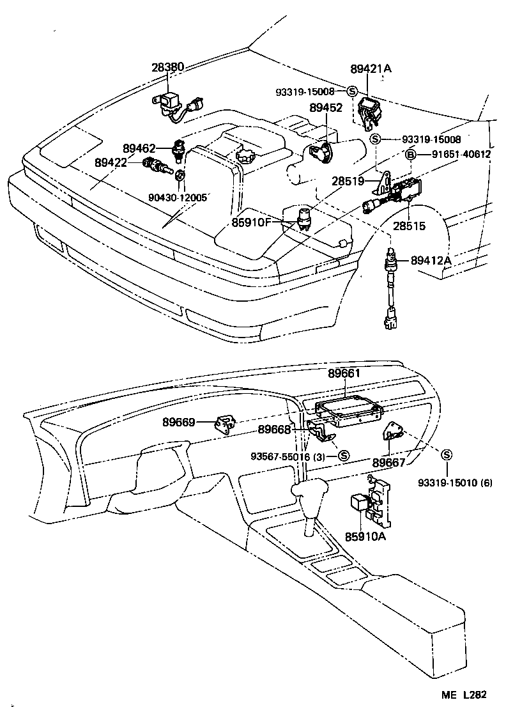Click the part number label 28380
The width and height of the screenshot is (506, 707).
coord(168,66)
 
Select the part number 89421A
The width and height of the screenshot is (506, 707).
coord(371,68)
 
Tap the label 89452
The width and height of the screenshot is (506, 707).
coord(326,109)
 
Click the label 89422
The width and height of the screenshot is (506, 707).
coord(111,163)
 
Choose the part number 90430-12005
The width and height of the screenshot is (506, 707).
coord(177,198)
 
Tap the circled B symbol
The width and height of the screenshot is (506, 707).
coord(411,154)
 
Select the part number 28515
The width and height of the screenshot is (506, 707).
coord(410,226)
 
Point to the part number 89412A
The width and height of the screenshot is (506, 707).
coord(431,260)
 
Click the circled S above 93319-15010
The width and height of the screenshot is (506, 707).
coord(447,454)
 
